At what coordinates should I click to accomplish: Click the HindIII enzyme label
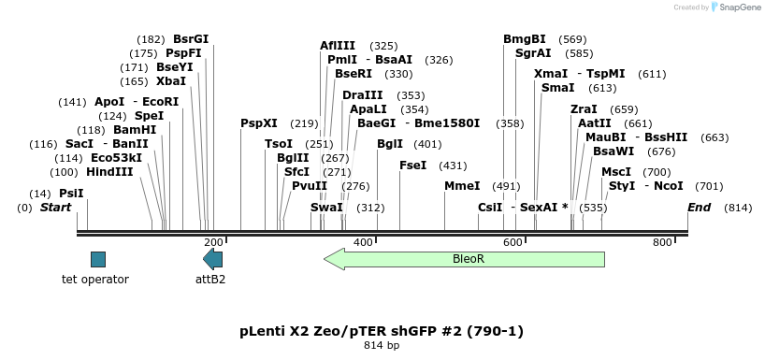[x=109, y=171]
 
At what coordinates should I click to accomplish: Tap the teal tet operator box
[x=98, y=259]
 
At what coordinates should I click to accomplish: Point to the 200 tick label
[x=213, y=243]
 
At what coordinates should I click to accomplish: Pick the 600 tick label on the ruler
[x=512, y=243]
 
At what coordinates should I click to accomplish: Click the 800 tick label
[x=662, y=243]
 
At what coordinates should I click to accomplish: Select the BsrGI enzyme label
[x=191, y=39]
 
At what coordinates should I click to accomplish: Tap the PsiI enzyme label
[x=71, y=194]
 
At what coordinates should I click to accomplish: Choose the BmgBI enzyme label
[x=525, y=39]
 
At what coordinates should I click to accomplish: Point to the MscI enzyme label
[x=615, y=171]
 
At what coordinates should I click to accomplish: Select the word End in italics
[x=699, y=207]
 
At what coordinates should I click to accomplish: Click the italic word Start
[x=56, y=207]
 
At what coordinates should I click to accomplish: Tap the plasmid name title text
[x=382, y=331]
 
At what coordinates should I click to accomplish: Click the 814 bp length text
[x=382, y=346]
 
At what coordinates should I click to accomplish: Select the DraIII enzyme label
[x=362, y=95]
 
